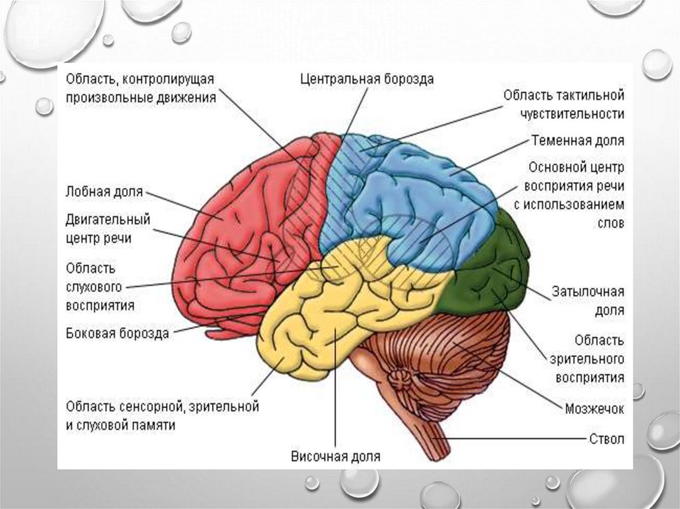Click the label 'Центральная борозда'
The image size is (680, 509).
click(367, 80)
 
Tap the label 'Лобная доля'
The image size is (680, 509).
click(104, 192)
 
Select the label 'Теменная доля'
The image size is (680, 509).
click(577, 141)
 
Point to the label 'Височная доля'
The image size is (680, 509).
click(335, 457)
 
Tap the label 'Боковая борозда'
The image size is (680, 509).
click(117, 333)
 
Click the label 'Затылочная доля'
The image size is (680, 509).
click(588, 301)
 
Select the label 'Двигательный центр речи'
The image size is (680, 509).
click(108, 228)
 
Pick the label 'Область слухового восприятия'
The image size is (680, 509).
click(100, 287)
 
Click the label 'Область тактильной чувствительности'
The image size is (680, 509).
click(564, 104)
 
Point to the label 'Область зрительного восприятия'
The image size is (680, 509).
click(586, 359)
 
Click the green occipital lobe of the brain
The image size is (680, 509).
click(491, 279)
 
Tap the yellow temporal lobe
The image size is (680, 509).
click(319, 319)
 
